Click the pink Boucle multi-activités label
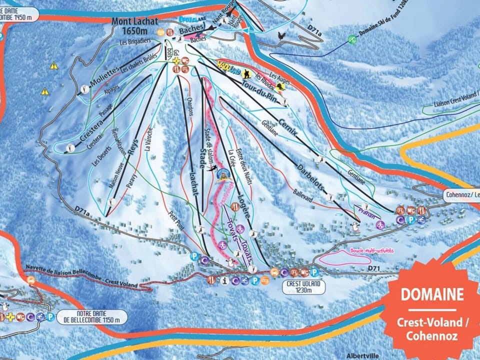click(365, 250)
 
